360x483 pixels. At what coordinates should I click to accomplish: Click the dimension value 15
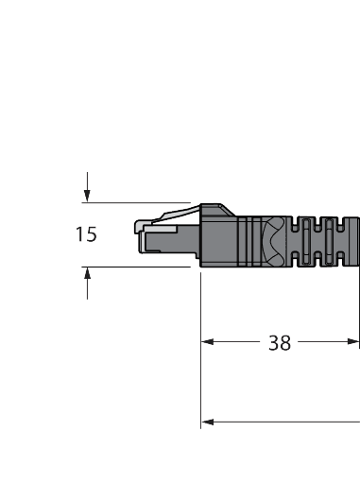86,233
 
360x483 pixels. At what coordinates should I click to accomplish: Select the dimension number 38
279,344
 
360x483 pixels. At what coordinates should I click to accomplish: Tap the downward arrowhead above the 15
87,196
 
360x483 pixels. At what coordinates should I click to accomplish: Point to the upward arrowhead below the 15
87,273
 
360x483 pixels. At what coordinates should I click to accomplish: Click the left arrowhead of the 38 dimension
209,344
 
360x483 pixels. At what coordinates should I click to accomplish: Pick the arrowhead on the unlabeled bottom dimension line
209,422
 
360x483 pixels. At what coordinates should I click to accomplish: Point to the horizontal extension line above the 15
142,201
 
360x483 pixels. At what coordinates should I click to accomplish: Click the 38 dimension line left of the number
236,344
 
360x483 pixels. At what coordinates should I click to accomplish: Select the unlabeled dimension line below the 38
283,422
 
